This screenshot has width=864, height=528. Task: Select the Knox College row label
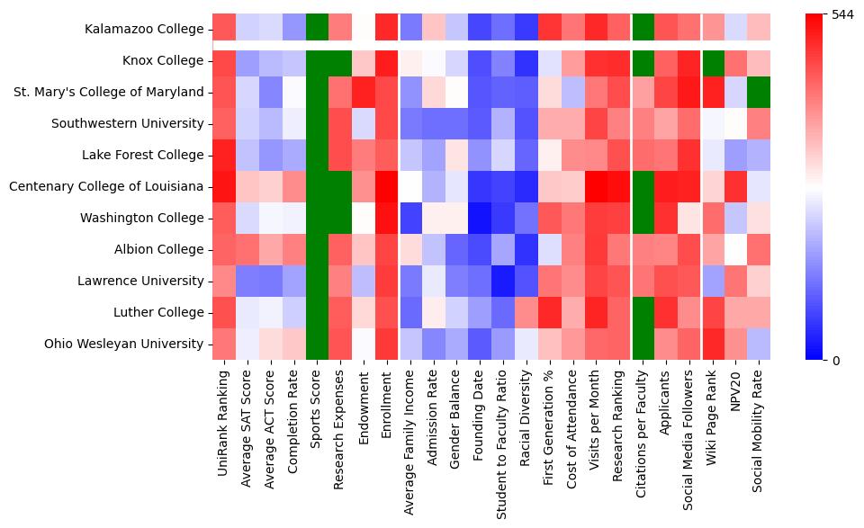pos(163,60)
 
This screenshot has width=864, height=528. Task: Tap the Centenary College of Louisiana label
pos(106,186)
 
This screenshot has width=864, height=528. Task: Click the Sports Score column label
pos(317,406)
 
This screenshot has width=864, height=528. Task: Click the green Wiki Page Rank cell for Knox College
pos(715,60)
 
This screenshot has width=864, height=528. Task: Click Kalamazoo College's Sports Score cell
pos(317,29)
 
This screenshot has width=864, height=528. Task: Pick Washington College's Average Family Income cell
pos(410,218)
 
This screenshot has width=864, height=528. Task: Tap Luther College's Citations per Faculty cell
pos(644,312)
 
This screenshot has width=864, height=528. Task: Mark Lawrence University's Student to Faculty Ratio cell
pos(504,281)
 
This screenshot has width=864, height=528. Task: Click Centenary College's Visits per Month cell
pos(598,186)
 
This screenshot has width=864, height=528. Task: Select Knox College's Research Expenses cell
pos(340,60)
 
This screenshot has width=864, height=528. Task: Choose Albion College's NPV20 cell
pos(738,249)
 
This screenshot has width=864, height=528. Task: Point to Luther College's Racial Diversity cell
pos(527,312)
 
